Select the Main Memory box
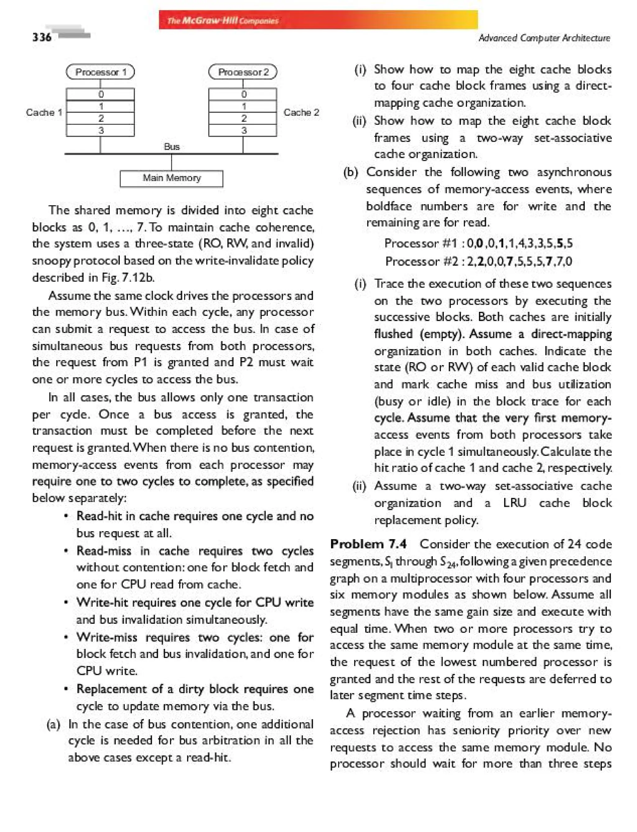(x=171, y=178)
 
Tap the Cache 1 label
(x=44, y=113)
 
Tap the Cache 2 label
(x=301, y=113)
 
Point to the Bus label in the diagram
(x=172, y=147)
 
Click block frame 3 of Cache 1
(x=100, y=130)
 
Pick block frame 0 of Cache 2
(x=243, y=94)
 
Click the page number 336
(x=42, y=37)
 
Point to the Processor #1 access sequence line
(x=478, y=243)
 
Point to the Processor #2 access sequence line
(x=478, y=261)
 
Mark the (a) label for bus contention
(x=53, y=724)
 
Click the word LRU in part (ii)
(x=514, y=503)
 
